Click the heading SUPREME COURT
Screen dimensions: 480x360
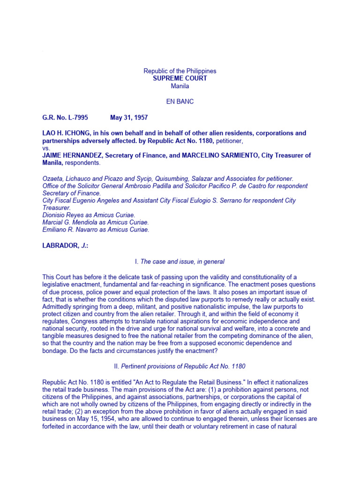[180, 78]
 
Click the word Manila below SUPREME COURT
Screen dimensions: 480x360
[180, 86]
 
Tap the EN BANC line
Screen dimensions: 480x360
[180, 101]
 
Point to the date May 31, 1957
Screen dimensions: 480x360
[129, 117]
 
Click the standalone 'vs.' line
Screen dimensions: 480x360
[46, 148]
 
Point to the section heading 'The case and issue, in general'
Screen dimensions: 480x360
[182, 262]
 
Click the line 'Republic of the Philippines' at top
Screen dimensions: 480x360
[180, 71]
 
